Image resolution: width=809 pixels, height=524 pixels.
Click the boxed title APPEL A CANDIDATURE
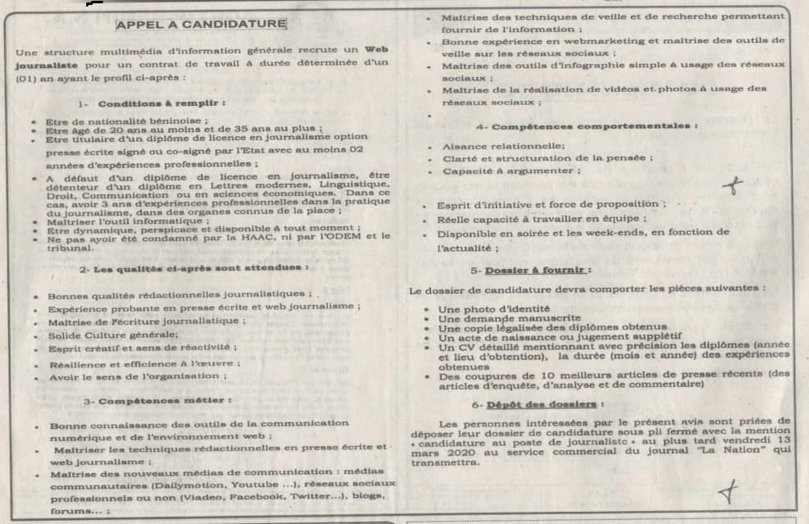coord(202,25)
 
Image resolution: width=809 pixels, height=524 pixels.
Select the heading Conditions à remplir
coord(161,104)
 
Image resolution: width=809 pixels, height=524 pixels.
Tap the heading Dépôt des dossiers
coord(545,405)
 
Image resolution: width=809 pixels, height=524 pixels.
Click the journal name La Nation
coord(742,449)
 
